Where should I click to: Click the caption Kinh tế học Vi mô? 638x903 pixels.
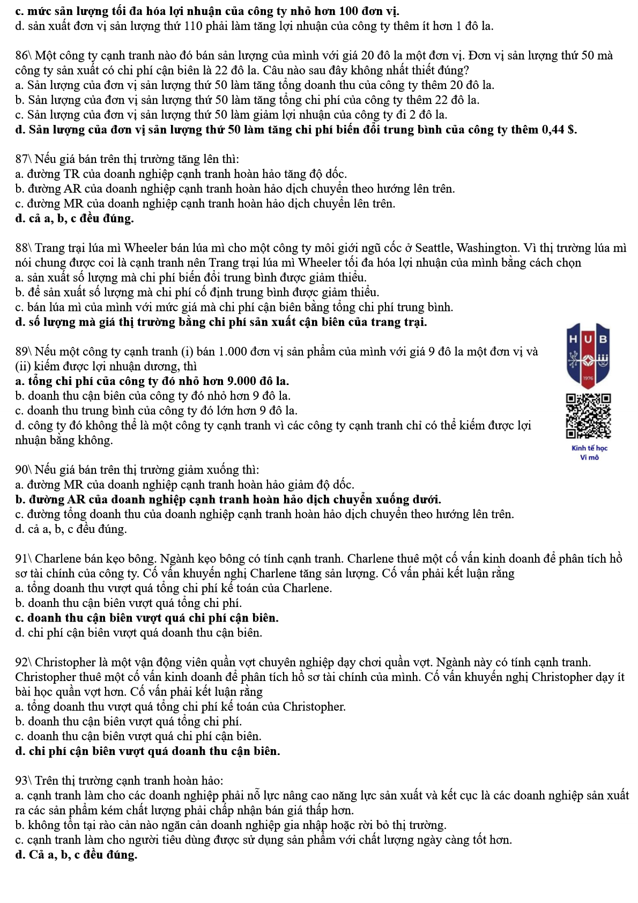click(589, 453)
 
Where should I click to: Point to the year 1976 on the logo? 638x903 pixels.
click(589, 378)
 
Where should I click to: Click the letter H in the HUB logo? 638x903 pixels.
click(573, 339)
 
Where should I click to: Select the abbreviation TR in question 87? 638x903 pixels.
click(72, 174)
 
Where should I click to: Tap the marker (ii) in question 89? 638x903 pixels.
click(23, 367)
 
